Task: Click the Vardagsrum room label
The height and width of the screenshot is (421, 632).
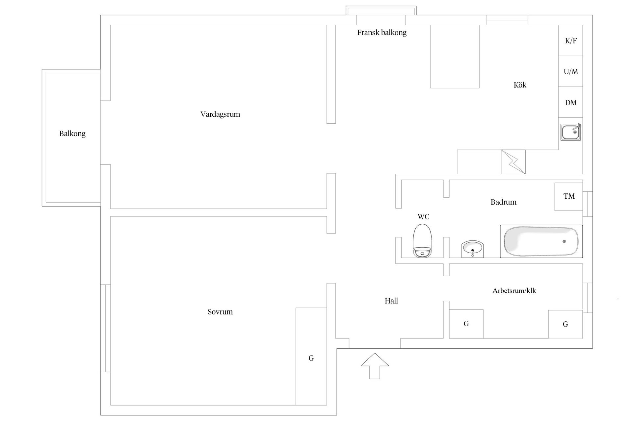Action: click(220, 114)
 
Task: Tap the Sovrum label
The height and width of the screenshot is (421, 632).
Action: click(220, 312)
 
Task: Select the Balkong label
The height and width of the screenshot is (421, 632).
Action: click(72, 134)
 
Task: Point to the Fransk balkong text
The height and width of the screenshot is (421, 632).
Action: click(382, 33)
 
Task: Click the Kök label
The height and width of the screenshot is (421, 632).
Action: click(520, 85)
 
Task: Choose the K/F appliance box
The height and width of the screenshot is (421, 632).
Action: click(570, 41)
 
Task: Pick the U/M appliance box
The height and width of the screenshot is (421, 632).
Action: click(570, 71)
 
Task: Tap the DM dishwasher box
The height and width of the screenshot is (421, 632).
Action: click(570, 103)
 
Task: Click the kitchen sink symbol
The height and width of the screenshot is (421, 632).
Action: click(570, 132)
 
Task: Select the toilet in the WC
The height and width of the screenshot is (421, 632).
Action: click(422, 241)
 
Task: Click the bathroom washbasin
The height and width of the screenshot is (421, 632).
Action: click(472, 249)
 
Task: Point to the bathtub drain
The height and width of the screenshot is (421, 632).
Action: click(564, 241)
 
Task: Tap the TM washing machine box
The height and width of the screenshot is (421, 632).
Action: click(568, 196)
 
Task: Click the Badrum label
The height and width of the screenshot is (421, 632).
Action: click(503, 202)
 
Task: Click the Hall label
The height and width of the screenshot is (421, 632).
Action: click(391, 301)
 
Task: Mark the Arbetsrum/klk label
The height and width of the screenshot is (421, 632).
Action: click(514, 291)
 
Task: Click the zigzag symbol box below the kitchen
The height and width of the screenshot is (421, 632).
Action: click(513, 162)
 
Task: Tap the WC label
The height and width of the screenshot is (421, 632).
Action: click(423, 217)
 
